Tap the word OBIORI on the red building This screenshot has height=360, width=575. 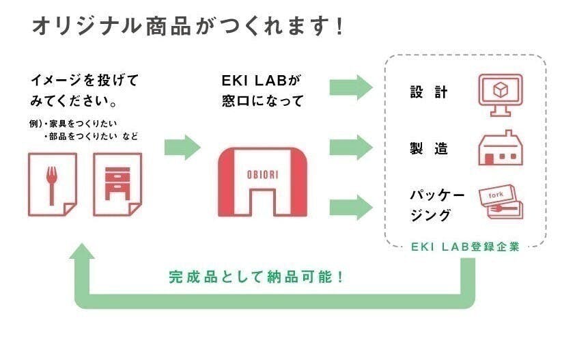262,174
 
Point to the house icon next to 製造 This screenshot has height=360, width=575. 500,148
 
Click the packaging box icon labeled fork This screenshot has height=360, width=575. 501,203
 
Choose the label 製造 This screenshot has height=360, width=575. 429,149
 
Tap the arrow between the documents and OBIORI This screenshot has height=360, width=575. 182,146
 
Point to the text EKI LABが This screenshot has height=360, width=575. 262,81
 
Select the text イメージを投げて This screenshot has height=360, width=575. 84,81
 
